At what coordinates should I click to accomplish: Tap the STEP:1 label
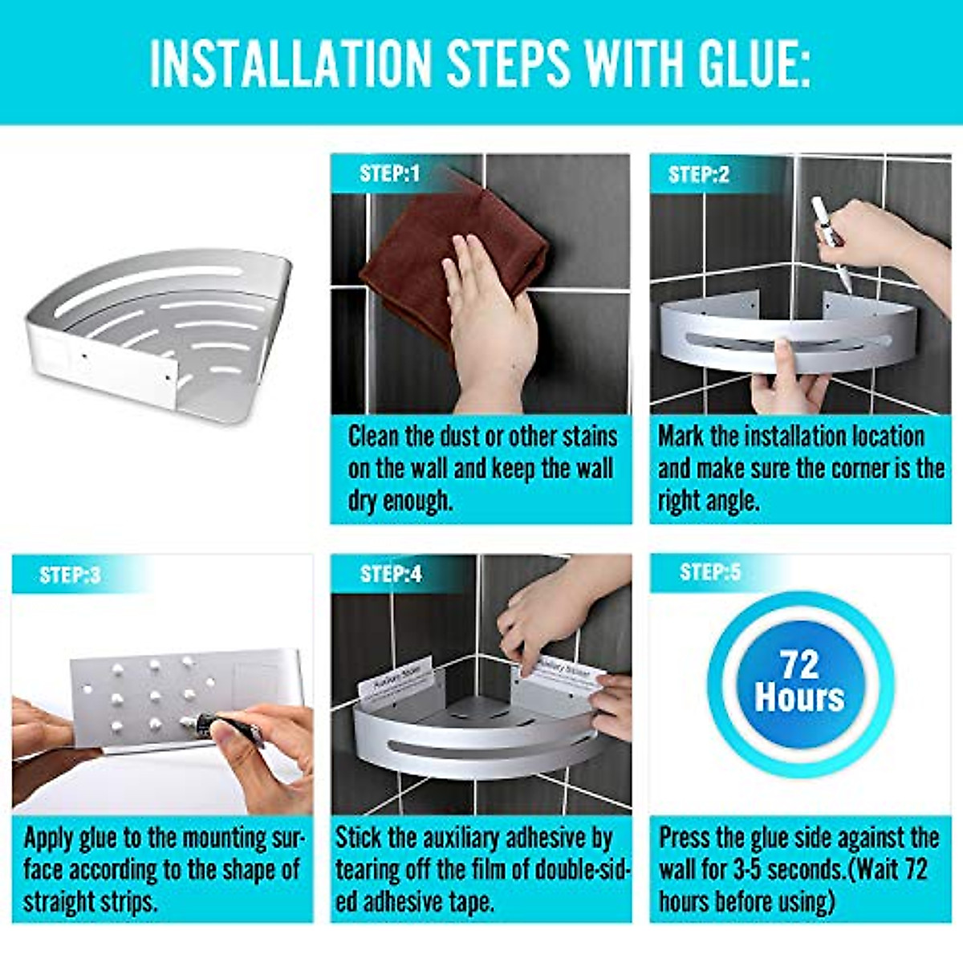(389, 174)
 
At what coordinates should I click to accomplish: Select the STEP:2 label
(698, 175)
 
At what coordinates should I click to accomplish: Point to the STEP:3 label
(70, 575)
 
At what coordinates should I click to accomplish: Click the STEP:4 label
(391, 574)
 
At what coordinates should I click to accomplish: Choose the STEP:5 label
(709, 572)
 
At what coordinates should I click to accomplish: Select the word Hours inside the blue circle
(799, 697)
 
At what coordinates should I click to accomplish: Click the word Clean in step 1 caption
(374, 437)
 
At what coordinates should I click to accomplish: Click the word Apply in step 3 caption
(50, 839)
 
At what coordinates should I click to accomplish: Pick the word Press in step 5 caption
(685, 838)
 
